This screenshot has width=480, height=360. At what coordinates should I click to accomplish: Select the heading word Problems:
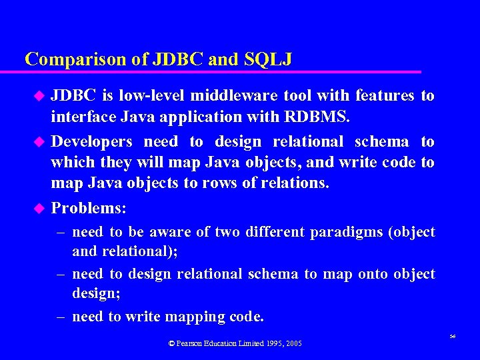coord(89,208)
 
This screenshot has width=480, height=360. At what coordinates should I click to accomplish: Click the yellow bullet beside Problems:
coord(39,209)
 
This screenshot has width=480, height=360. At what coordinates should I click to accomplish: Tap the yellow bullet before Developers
coord(39,142)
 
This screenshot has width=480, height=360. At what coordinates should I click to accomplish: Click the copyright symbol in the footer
coord(171,343)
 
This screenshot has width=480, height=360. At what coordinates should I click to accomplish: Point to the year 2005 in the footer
coord(293,343)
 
